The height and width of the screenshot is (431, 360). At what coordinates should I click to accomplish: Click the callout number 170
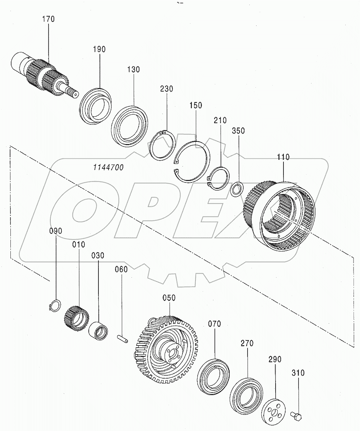[x=49, y=19]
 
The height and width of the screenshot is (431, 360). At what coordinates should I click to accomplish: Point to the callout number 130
[x=133, y=69]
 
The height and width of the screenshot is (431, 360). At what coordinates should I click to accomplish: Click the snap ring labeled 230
[x=162, y=148]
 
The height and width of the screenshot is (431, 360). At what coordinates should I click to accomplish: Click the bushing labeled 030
[x=98, y=330]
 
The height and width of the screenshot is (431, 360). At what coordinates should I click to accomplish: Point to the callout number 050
[x=169, y=298]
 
